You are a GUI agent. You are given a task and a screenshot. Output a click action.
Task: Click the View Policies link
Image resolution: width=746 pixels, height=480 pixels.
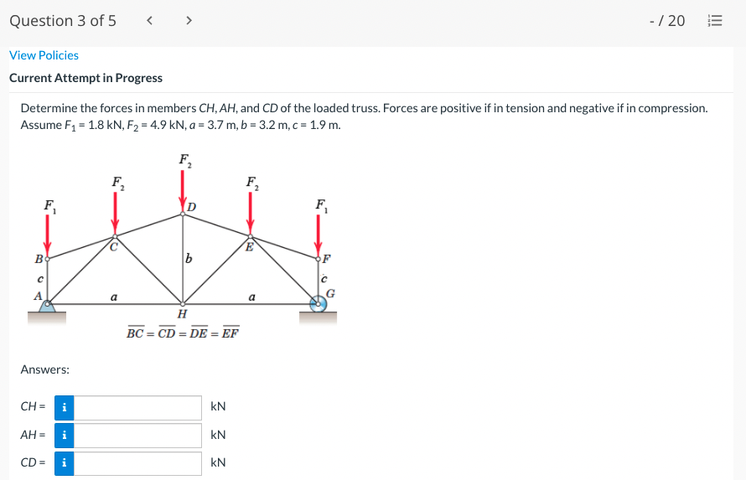click(x=44, y=55)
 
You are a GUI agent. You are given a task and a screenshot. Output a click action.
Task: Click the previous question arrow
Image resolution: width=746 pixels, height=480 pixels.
click(x=149, y=21)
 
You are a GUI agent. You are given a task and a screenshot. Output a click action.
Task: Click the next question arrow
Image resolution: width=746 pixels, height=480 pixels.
click(x=188, y=21)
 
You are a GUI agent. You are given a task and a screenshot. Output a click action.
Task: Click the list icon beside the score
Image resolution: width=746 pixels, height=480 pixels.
click(x=715, y=21)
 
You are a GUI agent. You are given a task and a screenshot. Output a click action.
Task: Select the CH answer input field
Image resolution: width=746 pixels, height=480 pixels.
click(x=138, y=408)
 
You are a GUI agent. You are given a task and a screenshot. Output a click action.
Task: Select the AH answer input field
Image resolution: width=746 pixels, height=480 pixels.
click(x=138, y=436)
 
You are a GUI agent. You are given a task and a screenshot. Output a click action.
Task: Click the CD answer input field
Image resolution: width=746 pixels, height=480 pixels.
click(x=138, y=463)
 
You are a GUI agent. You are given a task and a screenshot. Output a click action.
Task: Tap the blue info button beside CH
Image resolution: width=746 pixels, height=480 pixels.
click(x=65, y=408)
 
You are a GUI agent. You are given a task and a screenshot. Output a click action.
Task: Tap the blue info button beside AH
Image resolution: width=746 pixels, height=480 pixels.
click(x=65, y=436)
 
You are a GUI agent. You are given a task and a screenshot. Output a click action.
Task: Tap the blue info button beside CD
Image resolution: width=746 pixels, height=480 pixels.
click(x=65, y=463)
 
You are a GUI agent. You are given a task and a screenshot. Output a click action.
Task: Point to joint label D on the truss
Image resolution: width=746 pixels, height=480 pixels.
click(x=192, y=206)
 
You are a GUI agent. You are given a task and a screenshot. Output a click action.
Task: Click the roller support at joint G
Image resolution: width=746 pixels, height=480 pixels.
click(x=318, y=303)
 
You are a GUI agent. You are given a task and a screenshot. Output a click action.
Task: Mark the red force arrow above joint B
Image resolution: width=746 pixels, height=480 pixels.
click(x=48, y=235)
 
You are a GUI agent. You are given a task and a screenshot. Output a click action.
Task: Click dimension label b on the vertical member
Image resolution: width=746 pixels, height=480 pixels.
click(x=190, y=260)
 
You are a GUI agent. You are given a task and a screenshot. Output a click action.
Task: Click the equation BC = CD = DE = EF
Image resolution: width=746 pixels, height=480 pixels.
click(x=183, y=333)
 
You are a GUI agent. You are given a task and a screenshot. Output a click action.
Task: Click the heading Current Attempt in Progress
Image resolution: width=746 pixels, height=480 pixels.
click(x=85, y=78)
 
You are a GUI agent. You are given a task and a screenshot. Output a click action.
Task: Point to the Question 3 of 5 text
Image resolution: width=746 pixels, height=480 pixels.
click(x=63, y=21)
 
